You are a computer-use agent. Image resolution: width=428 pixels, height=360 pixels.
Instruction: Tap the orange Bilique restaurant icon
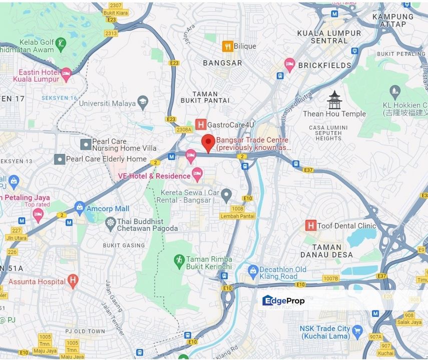[227, 46]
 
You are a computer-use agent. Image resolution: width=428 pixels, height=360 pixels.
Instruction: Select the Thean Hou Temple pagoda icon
[334, 100]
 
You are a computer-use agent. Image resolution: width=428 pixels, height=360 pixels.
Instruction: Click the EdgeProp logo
[283, 300]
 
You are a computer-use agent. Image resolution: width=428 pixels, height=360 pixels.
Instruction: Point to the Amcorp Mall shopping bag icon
[79, 207]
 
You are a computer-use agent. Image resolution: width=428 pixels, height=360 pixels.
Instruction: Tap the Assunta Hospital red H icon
[73, 281]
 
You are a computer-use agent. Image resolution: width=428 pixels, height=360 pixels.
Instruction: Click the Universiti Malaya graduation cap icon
[143, 102]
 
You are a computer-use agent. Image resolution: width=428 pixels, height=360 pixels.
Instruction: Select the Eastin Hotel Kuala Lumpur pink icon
[66, 75]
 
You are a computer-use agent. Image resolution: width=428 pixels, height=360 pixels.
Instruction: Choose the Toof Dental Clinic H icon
[310, 225]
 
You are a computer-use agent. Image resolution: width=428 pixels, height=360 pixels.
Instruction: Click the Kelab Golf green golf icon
[61, 43]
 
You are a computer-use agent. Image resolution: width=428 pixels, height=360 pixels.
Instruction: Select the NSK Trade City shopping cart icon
[357, 330]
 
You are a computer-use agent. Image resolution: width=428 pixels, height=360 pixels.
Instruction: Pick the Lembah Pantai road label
[237, 216]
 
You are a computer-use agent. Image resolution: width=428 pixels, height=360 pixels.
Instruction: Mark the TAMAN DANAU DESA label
[332, 250]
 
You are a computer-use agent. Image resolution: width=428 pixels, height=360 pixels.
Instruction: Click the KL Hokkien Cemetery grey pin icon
[395, 91]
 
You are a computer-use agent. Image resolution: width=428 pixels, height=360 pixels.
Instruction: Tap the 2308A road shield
[184, 129]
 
